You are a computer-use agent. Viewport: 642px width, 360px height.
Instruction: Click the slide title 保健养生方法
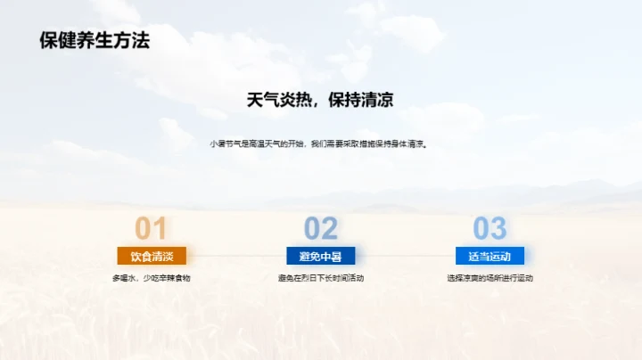pos(95,40)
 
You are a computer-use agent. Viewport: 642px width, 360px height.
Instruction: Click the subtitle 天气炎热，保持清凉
pos(320,100)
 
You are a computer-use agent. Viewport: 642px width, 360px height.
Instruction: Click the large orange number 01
pos(151,229)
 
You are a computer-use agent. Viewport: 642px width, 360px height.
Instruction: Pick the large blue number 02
pos(320,229)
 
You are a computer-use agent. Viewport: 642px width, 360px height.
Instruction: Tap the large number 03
pos(490,229)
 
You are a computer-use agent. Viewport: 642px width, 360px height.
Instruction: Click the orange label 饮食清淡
pos(152,257)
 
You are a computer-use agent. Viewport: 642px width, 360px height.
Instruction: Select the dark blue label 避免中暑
pos(320,257)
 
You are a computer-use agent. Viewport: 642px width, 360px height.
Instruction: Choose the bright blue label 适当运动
pos(490,257)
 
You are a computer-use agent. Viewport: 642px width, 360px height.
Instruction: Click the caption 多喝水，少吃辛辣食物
pos(152,278)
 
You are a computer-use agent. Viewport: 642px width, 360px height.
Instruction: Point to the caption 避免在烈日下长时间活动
pos(320,278)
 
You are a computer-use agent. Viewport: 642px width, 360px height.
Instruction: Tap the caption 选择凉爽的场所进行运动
pos(490,278)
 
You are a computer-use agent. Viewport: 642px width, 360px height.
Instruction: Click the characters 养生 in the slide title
pos(94,40)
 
